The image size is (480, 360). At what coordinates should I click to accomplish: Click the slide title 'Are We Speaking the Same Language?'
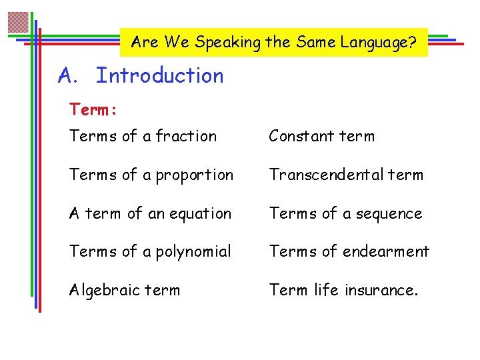tap(274, 43)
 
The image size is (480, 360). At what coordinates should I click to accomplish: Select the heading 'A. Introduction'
tap(141, 76)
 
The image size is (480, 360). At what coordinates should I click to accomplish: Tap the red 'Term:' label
tap(93, 109)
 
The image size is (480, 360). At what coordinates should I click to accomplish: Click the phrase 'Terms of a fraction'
tap(143, 136)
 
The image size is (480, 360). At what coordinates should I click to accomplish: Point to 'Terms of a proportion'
tap(151, 175)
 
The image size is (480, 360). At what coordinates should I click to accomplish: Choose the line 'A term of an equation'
tap(151, 213)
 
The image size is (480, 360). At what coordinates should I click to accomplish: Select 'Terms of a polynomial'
tap(151, 252)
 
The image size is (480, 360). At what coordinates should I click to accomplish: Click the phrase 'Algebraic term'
tap(125, 290)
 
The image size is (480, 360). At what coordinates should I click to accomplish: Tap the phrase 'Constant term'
tap(321, 136)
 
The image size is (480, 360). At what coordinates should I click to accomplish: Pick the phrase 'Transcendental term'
tap(346, 175)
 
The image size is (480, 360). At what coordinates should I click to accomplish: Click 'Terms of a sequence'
tap(345, 213)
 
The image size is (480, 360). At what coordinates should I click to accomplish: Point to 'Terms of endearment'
tap(349, 251)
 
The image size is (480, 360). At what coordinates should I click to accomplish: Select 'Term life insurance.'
tap(343, 290)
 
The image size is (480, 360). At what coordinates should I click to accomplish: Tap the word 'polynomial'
tap(194, 252)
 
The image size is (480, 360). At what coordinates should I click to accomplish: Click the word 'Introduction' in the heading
tap(160, 76)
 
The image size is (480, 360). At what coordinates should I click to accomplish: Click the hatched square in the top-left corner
tap(18, 22)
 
